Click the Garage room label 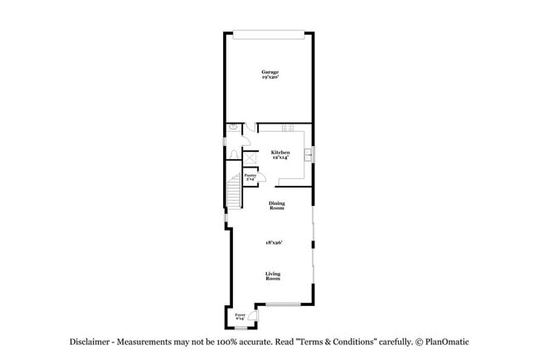tap(269, 71)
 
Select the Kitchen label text tap(280, 152)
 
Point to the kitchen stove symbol tap(289, 128)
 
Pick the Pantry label tap(250, 175)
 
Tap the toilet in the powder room tap(235, 128)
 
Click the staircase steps tap(234, 192)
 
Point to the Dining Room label tap(276, 206)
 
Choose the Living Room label tap(273, 276)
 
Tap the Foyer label tap(240, 315)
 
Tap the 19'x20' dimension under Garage tap(269, 77)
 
